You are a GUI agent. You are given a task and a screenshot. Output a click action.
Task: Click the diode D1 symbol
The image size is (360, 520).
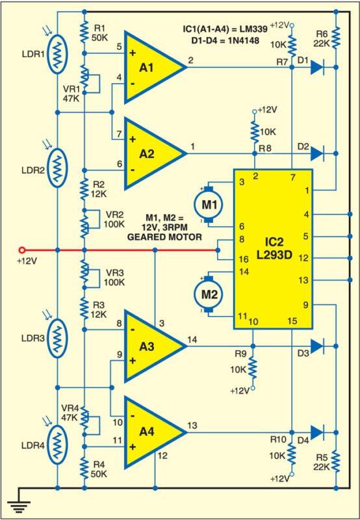pos(316,66)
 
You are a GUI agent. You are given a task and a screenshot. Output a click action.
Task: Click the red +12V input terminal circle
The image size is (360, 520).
pos(21,250)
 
